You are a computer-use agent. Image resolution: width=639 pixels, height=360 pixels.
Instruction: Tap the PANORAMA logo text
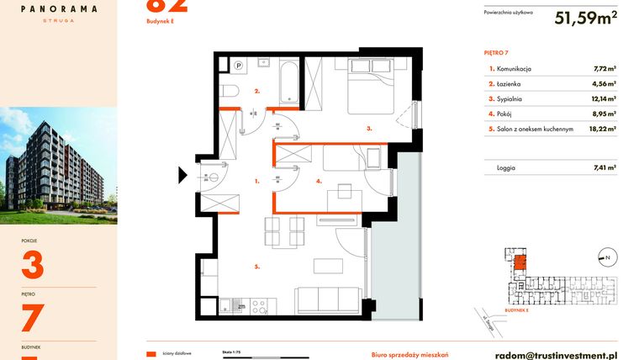tap(58, 9)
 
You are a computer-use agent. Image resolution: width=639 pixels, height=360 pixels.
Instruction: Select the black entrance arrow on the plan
tap(182, 176)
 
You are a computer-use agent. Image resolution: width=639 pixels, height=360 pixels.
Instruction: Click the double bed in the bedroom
tap(367, 85)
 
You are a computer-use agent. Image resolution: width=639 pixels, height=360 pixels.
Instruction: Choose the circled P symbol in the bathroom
tap(238, 65)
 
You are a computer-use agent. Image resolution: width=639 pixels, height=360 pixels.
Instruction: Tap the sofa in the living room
tap(329, 299)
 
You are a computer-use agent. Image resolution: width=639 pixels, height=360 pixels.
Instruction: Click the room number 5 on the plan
tap(257, 267)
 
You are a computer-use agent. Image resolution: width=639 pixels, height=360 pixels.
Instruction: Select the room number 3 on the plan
tap(368, 130)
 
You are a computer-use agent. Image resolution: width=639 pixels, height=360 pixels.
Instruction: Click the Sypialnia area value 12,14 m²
tap(605, 99)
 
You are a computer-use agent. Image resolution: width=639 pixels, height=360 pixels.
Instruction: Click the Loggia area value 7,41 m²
tap(605, 168)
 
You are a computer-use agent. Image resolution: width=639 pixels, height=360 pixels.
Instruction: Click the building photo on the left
tap(58, 164)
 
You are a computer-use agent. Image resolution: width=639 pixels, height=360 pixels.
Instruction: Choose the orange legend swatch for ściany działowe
tap(151, 355)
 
